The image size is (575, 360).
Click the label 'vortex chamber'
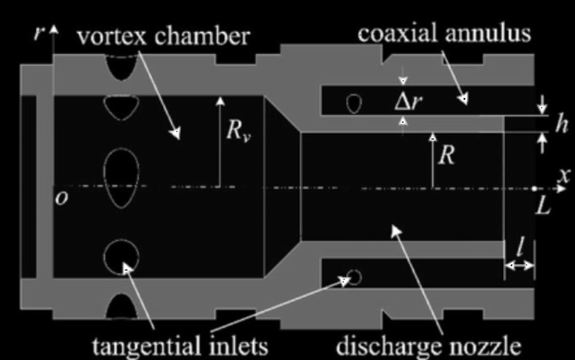[x=163, y=36]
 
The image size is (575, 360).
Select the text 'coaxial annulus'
[x=444, y=33]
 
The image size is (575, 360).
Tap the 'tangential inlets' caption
[x=180, y=345]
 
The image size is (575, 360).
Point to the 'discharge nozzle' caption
[x=429, y=345]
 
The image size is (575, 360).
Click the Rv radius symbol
[x=238, y=130]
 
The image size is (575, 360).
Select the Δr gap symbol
[x=408, y=102]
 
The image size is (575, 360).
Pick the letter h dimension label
[x=561, y=123]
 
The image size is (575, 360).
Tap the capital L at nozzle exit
[x=543, y=206]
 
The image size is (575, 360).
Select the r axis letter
[x=39, y=33]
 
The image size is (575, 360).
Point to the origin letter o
[x=62, y=199]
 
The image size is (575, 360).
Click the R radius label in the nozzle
[x=447, y=155]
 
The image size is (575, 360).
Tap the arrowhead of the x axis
[x=561, y=189]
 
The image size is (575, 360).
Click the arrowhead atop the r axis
[x=54, y=30]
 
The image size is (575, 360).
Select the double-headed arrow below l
[x=519, y=266]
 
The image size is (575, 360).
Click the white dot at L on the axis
[x=534, y=188]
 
